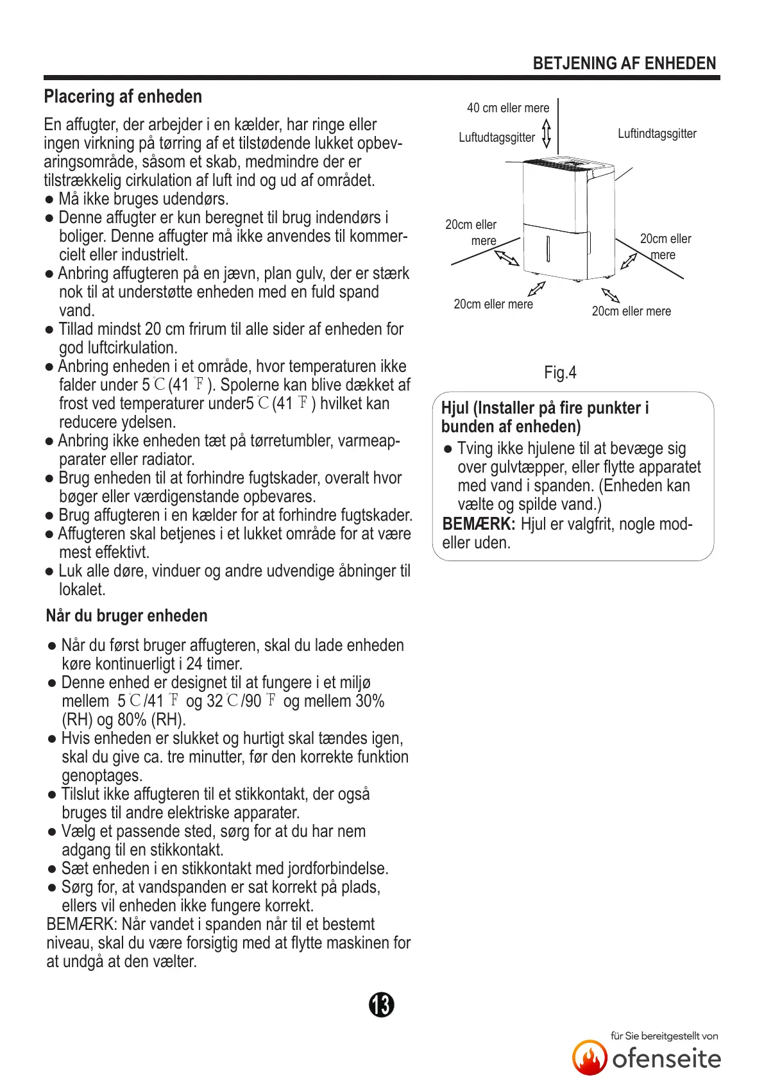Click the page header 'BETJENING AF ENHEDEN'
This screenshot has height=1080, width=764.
(x=624, y=63)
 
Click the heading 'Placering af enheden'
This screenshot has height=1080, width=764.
(x=123, y=97)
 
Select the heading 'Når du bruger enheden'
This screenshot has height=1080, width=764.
(x=126, y=616)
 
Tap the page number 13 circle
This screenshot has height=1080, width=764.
(x=382, y=1004)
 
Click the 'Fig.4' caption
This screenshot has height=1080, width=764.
(x=560, y=373)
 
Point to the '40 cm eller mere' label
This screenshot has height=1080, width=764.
(x=507, y=108)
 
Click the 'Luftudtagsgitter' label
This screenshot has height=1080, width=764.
(x=497, y=137)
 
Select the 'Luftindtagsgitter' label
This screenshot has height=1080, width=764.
(x=657, y=134)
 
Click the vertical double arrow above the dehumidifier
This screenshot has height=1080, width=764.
(x=547, y=132)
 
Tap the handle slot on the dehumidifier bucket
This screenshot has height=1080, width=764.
(x=548, y=249)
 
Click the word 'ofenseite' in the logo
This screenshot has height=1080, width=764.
(x=666, y=1058)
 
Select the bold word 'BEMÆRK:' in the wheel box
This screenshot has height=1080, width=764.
(x=479, y=524)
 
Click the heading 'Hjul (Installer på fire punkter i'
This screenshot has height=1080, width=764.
(x=545, y=408)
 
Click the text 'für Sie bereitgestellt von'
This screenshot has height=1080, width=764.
(x=664, y=1036)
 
